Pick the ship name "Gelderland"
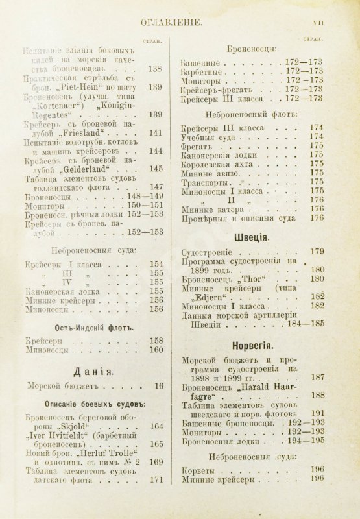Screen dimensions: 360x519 coord(83,169)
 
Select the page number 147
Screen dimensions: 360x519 coord(154,186)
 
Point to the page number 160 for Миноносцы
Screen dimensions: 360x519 coord(156,350)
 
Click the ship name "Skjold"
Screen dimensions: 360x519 coord(80,426)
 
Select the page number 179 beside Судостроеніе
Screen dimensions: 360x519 coord(317,251)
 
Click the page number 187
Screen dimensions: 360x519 coord(317,377)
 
